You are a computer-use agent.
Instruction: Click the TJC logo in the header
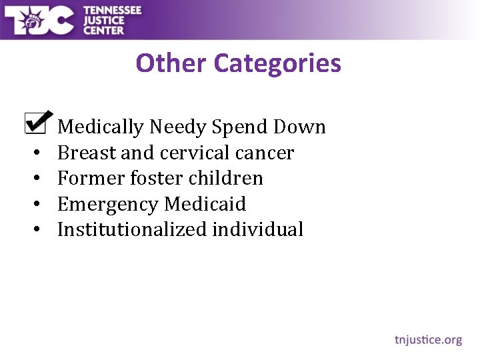click(x=39, y=19)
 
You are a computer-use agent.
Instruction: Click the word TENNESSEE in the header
click(x=112, y=9)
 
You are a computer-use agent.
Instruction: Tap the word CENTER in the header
click(x=103, y=29)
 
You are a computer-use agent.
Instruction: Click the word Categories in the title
click(x=278, y=64)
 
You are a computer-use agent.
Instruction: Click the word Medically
click(x=101, y=127)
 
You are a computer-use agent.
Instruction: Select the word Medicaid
click(x=205, y=203)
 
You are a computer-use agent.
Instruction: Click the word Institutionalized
click(x=132, y=229)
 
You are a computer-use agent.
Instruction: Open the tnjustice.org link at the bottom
click(x=428, y=340)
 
